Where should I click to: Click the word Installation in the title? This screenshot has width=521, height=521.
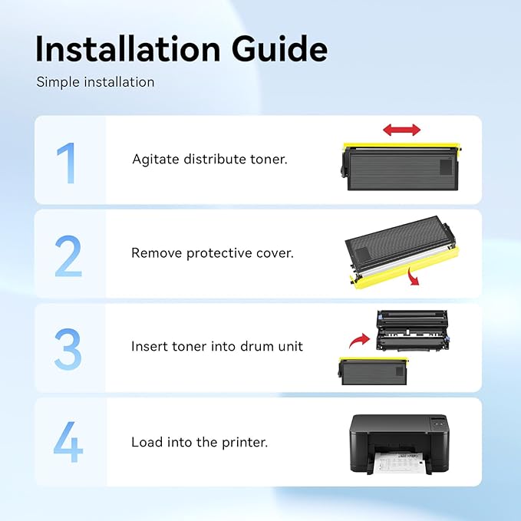[x=128, y=49]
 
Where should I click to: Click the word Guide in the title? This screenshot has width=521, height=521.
[x=280, y=49]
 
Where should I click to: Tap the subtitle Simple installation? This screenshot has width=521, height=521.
[x=95, y=82]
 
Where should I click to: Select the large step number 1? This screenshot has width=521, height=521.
[x=66, y=163]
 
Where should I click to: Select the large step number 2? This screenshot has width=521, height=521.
[x=68, y=256]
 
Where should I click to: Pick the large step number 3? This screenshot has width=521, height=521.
[x=68, y=349]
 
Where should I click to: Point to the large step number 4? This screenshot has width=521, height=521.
[x=68, y=442]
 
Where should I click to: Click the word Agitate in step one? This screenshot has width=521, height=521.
[x=156, y=160]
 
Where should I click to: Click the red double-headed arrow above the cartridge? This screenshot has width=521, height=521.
[x=402, y=130]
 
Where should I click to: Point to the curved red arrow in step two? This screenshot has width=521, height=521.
[x=413, y=276]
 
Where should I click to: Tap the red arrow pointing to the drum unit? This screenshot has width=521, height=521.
[x=360, y=341]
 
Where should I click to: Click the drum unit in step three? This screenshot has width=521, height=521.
[x=413, y=331]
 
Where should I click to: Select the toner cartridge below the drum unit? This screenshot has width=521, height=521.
[x=374, y=371]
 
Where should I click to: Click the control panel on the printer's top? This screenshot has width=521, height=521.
[x=438, y=424]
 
